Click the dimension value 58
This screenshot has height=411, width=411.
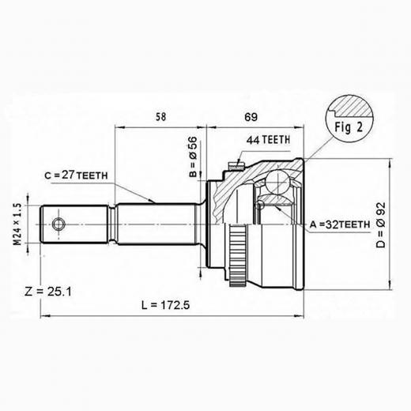click(x=160, y=116)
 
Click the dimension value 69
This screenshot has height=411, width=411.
click(x=251, y=116)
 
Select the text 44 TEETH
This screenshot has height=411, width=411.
click(x=269, y=139)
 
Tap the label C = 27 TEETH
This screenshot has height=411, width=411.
click(x=77, y=175)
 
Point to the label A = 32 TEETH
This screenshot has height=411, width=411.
click(x=340, y=225)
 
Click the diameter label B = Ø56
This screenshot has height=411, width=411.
click(x=192, y=159)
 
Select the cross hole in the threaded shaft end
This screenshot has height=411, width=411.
click(x=57, y=224)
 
